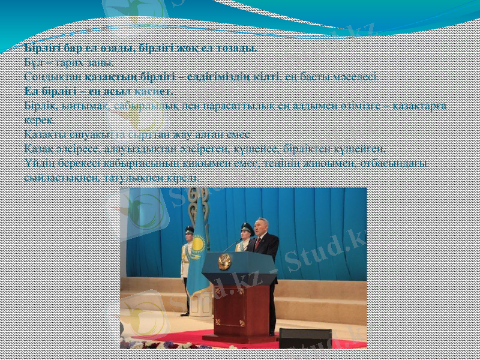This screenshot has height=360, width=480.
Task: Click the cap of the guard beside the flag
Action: (x=189, y=229)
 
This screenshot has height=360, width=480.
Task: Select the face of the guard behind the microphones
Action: (x=245, y=233)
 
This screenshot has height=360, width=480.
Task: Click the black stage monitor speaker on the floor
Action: (x=304, y=338)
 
